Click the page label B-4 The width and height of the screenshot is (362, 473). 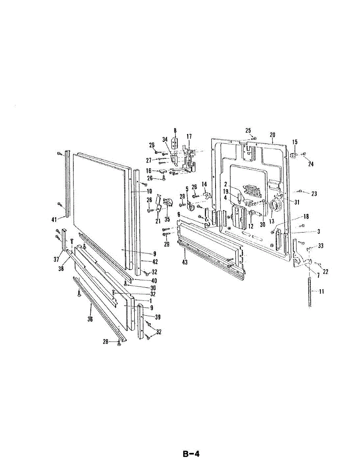(x=191, y=454)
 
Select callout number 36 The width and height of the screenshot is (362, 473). (x=90, y=319)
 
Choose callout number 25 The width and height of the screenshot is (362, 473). (x=248, y=130)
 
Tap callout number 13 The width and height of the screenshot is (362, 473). (x=272, y=222)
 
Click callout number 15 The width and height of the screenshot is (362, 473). (x=294, y=142)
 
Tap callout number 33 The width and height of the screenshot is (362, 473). (x=321, y=246)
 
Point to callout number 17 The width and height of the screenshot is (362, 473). (x=189, y=136)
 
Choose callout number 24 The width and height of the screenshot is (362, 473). (x=311, y=164)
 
